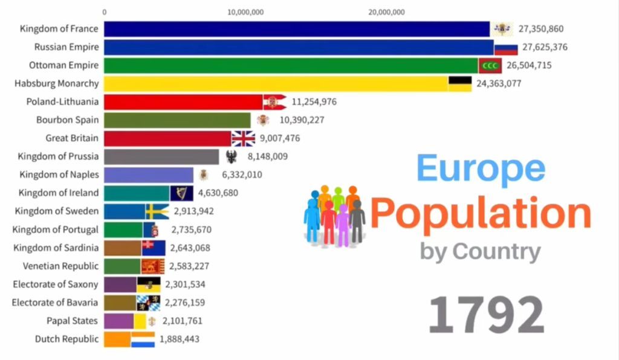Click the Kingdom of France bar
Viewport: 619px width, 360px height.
(296, 29)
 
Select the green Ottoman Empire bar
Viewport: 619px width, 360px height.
(290, 65)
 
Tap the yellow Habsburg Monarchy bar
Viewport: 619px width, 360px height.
(276, 83)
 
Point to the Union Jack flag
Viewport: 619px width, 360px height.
(244, 138)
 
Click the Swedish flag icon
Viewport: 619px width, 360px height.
(157, 211)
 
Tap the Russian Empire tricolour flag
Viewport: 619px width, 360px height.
(506, 47)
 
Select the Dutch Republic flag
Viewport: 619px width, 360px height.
(143, 339)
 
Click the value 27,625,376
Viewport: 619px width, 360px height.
(545, 47)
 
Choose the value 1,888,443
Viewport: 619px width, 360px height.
(180, 339)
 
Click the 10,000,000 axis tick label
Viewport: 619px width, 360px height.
(244, 11)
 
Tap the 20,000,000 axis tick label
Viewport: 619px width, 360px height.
(385, 11)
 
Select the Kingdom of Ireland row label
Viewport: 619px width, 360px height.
(58, 193)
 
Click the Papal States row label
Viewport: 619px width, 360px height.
(72, 321)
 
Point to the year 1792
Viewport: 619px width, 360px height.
(487, 315)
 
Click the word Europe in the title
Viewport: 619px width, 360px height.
(481, 169)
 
